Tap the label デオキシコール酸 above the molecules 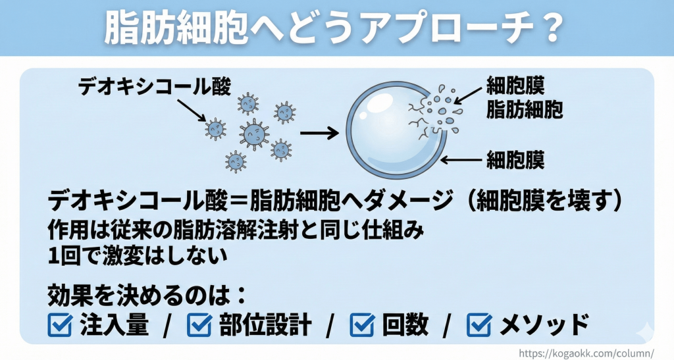(x=154, y=87)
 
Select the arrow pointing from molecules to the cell (x=319, y=134)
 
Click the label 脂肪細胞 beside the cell (x=525, y=109)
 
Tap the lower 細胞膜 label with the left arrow (x=515, y=160)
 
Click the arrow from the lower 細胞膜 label (x=461, y=160)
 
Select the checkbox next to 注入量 (x=60, y=324)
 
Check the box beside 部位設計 (x=199, y=324)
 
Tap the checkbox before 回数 (x=363, y=324)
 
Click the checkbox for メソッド (x=479, y=324)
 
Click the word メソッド (x=544, y=324)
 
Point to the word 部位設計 (x=265, y=324)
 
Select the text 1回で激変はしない (x=137, y=257)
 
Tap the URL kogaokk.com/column (x=586, y=353)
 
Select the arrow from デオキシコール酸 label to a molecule (x=192, y=111)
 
